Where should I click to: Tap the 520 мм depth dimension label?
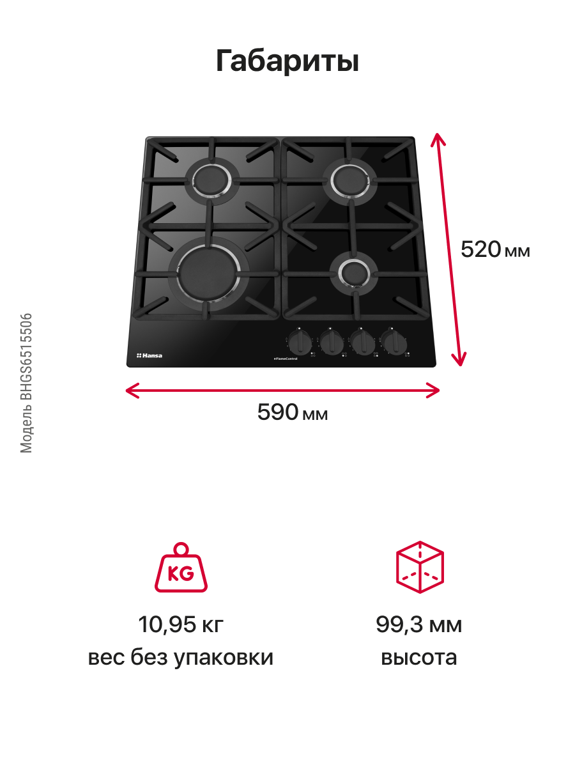[x=495, y=249]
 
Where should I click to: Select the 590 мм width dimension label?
[x=293, y=413]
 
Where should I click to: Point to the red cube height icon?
[x=420, y=567]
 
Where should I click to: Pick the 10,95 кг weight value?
[x=181, y=624]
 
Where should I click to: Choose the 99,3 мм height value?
[x=418, y=624]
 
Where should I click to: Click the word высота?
[x=419, y=658]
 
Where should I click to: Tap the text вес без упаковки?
[x=181, y=658]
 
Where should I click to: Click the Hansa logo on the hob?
[x=149, y=355]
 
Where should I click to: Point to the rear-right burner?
[x=352, y=177]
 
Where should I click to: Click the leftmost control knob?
[x=299, y=343]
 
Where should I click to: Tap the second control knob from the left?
[x=331, y=343]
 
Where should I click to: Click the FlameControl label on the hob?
[x=286, y=359]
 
